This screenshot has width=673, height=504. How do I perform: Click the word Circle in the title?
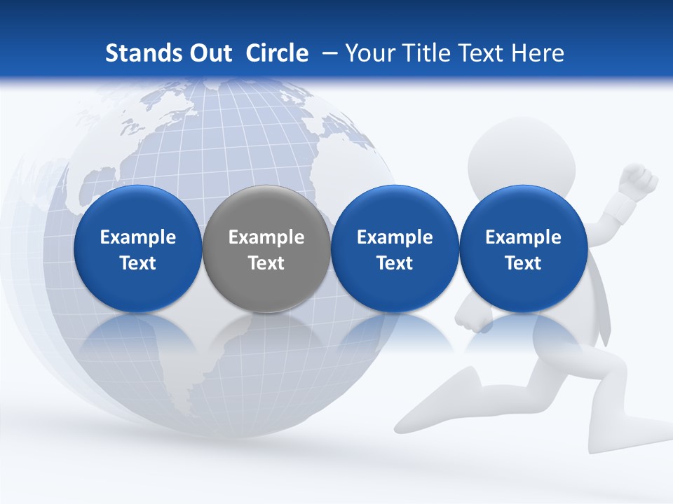pos(277,53)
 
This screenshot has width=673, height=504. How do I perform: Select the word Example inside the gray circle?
pos(266,237)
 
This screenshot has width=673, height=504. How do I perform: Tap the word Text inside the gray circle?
pos(266,263)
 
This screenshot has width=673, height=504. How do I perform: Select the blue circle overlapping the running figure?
pos(523,248)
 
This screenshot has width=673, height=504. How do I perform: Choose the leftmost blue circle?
pos(137,248)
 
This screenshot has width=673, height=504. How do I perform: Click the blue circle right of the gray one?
pos(395,248)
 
